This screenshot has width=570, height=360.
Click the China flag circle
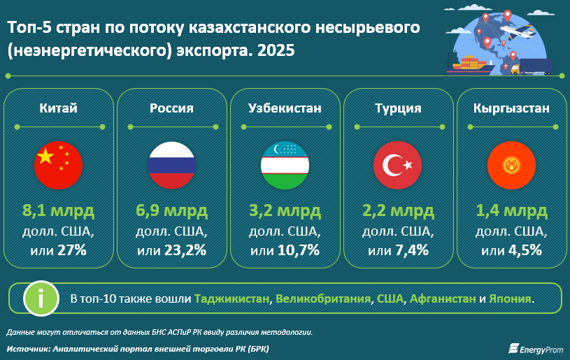point(58,165)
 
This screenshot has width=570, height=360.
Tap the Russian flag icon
point(171,165)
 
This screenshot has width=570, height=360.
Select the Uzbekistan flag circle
point(285,165)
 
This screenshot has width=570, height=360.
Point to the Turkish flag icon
point(398,165)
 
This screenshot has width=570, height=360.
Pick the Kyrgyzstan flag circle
point(511,165)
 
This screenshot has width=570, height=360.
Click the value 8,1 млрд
point(58,210)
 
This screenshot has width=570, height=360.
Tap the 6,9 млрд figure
point(171,210)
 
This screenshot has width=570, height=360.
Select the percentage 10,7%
point(299,250)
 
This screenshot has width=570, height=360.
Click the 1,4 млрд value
point(511,210)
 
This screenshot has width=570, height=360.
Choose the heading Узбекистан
point(285,108)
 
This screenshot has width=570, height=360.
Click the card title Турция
point(398,108)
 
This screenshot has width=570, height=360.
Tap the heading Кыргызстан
point(511,108)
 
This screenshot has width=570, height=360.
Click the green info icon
point(41,298)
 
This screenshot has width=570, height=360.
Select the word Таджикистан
point(232,298)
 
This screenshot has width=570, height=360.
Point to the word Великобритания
point(323,298)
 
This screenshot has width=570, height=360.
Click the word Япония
point(510,298)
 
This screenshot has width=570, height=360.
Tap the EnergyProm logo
point(536,349)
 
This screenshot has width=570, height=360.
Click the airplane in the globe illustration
point(519,30)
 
